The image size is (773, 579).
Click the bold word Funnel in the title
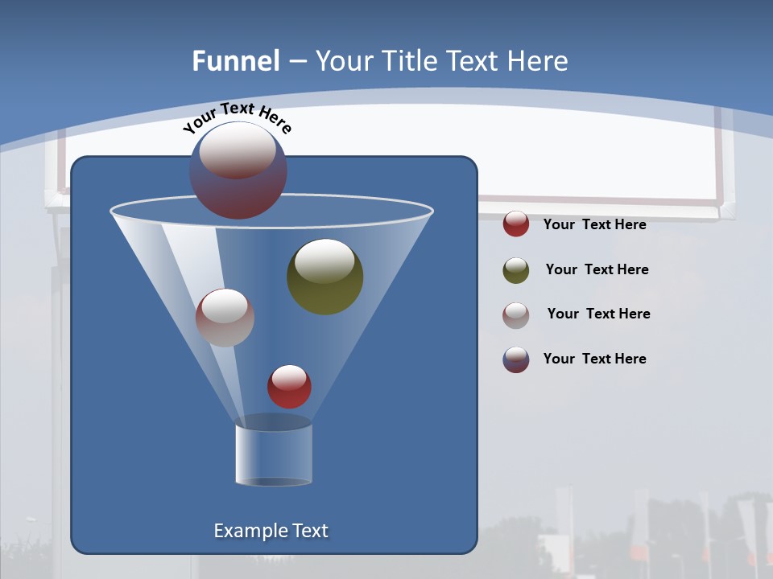[235, 61]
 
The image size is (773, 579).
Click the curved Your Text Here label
[238, 117]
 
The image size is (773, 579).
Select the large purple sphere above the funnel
[238, 170]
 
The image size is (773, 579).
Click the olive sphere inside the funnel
[325, 277]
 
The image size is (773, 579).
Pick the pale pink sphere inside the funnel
[225, 318]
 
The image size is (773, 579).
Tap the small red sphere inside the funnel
[289, 387]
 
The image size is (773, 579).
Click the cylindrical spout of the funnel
[273, 454]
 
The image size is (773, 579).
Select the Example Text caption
[271, 531]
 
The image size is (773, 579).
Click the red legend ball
[516, 224]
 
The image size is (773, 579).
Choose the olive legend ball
[516, 270]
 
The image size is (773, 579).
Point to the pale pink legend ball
[516, 315]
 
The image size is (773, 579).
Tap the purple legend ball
[516, 359]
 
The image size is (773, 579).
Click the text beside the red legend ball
[594, 224]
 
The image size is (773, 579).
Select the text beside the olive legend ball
[597, 269]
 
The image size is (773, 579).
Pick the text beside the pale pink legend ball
[598, 314]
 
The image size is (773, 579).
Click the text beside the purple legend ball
[594, 359]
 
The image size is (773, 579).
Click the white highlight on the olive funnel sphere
[324, 261]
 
